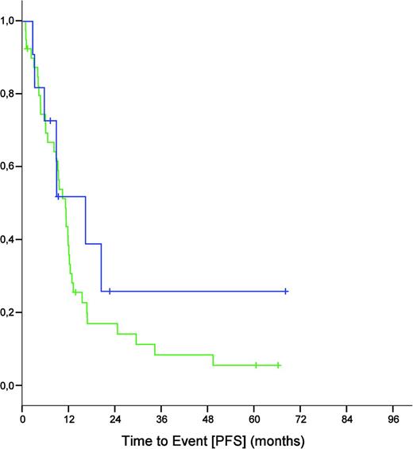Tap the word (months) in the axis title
[280, 439]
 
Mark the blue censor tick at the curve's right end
[285, 292]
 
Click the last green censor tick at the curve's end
[279, 366]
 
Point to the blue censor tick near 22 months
[110, 292]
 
